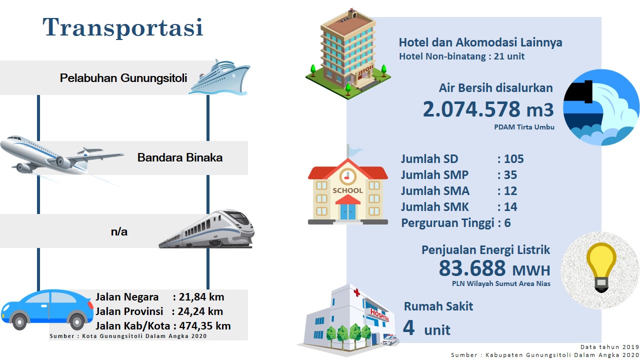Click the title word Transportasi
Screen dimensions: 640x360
(123, 27)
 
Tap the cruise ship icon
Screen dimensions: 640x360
(219, 77)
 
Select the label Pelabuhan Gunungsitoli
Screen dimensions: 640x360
(123, 78)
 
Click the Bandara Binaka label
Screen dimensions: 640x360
(180, 157)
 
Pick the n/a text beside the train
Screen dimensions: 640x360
(119, 231)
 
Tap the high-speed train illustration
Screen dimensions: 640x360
(207, 229)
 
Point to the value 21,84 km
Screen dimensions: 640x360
(201, 297)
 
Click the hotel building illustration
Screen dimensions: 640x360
(348, 54)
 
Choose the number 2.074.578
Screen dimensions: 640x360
(471, 109)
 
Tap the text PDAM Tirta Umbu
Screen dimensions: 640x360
(524, 127)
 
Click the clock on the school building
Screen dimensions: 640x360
(347, 176)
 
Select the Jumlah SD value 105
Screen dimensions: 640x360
(513, 159)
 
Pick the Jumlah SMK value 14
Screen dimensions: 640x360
(510, 207)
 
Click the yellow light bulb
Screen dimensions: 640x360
(601, 267)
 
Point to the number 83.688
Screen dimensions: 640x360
(472, 268)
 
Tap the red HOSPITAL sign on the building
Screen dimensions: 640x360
(379, 315)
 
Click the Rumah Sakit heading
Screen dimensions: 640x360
(438, 306)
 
